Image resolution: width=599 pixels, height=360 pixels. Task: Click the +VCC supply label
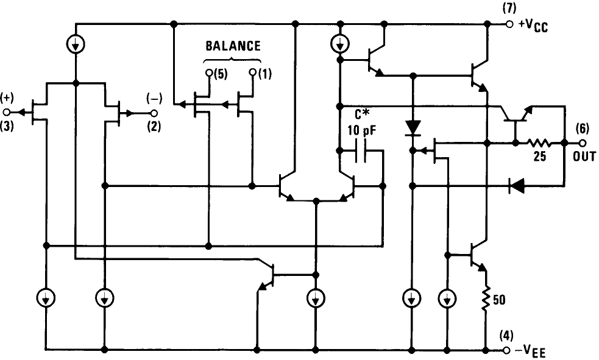[533, 26]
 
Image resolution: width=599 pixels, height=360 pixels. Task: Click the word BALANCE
[232, 46]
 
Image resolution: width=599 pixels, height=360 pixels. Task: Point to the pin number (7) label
[509, 8]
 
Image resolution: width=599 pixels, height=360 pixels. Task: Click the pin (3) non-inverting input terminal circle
[7, 113]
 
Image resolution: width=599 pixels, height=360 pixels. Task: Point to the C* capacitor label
[362, 114]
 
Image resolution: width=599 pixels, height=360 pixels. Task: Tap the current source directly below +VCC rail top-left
[76, 44]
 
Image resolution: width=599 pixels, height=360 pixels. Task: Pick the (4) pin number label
[506, 336]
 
